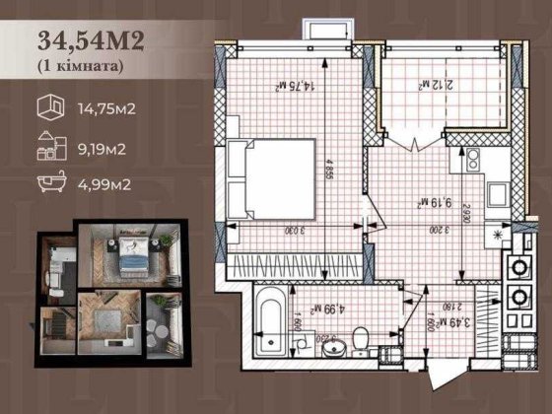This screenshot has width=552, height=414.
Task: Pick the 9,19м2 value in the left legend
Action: [103, 148]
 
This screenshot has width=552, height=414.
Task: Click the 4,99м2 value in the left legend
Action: [103, 184]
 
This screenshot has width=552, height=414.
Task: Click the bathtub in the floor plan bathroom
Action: [271, 319]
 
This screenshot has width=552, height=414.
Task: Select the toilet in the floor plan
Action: [362, 338]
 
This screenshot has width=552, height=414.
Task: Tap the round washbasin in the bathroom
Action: [329, 346]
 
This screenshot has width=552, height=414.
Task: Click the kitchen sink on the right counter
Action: [471, 158]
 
